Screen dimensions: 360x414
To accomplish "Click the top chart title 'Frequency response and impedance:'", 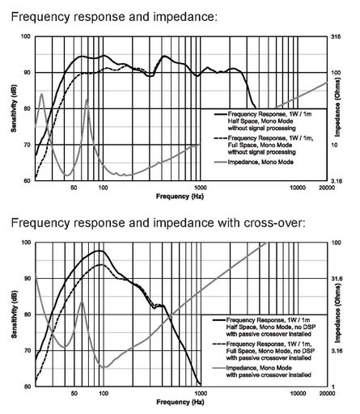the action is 114,17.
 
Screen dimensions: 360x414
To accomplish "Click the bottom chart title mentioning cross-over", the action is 159,223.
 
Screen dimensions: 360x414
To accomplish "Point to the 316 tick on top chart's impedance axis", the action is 336,36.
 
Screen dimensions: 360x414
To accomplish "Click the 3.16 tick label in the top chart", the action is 337,181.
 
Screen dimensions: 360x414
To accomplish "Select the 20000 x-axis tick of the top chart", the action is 327,188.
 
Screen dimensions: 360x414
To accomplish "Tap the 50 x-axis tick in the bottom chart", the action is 74,393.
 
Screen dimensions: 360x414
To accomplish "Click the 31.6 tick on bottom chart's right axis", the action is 337,278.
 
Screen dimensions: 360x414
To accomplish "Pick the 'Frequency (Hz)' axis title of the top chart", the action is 180,196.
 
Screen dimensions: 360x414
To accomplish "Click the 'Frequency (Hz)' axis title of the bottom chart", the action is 180,402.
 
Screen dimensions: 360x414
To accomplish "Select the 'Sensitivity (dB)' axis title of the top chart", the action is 14,108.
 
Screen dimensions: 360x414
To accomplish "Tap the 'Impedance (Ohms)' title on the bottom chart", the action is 337,315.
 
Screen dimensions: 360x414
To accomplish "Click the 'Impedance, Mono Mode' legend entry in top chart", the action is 254,162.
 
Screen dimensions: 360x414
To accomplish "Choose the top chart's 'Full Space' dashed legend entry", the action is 264,145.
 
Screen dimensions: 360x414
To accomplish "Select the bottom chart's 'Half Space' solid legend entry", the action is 264,327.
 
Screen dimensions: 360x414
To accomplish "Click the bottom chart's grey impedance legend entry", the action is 262,371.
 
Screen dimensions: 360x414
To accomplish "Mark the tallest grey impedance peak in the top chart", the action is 41,94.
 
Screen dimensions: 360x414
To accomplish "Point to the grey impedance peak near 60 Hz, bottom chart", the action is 83,301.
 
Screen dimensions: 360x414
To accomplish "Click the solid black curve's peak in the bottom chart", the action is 100,251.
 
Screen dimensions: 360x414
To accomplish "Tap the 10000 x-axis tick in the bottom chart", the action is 298,393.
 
